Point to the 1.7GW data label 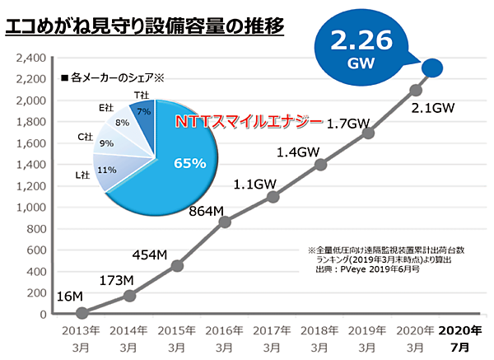pos(347,124)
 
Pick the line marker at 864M pos(225,222)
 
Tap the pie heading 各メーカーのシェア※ pos(114,78)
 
